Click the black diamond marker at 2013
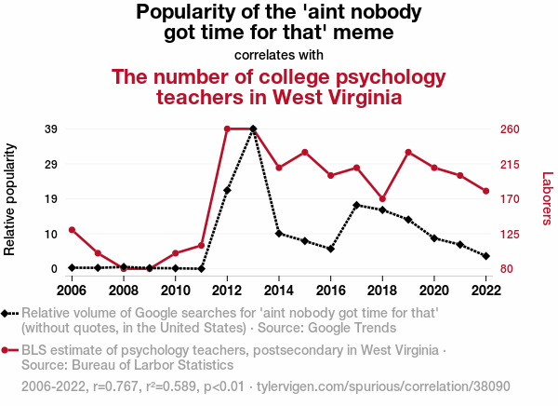pyautogui.click(x=253, y=129)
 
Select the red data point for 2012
pyautogui.click(x=227, y=129)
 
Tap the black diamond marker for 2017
pyautogui.click(x=356, y=205)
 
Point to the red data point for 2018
pyautogui.click(x=382, y=198)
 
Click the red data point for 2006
pyautogui.click(x=72, y=229)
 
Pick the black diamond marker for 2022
pyautogui.click(x=485, y=255)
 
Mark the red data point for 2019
pyautogui.click(x=408, y=152)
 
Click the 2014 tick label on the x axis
pyautogui.click(x=279, y=290)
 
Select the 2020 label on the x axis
pyautogui.click(x=434, y=290)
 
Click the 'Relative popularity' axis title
pyautogui.click(x=11, y=198)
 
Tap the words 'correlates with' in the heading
pyautogui.click(x=279, y=55)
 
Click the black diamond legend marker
pyautogui.click(x=7, y=314)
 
